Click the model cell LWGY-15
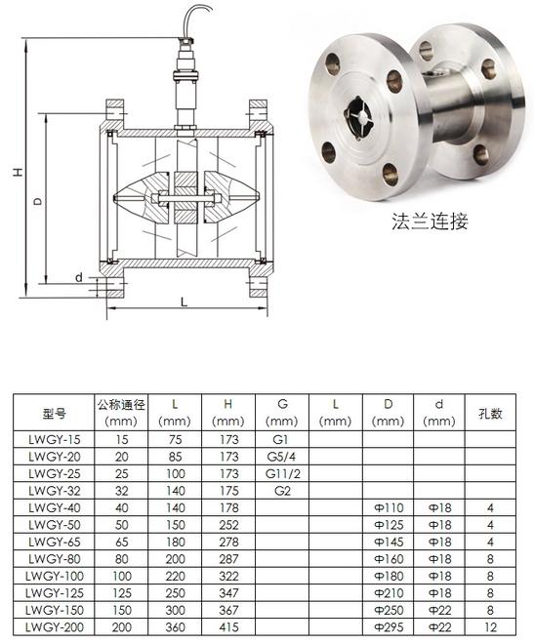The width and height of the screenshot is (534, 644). click(x=55, y=439)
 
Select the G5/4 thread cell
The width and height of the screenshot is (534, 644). click(x=281, y=457)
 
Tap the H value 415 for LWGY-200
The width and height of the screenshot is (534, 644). click(x=228, y=627)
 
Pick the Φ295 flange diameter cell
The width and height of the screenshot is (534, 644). click(x=389, y=627)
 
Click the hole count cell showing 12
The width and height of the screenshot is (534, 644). click(x=490, y=627)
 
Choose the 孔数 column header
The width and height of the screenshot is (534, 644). click(x=490, y=413)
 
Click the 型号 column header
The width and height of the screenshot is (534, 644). click(x=55, y=413)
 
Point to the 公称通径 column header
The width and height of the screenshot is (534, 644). click(x=121, y=405)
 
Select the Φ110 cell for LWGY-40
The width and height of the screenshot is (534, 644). click(x=389, y=508)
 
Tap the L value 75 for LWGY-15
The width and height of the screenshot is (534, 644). click(x=175, y=439)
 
